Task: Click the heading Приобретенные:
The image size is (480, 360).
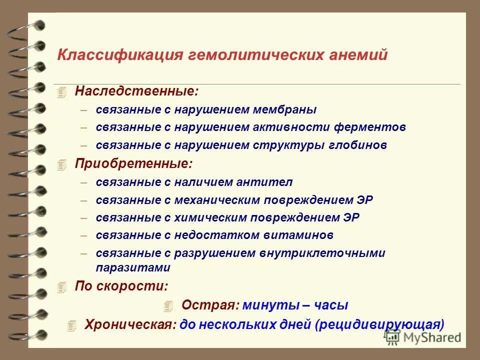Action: click(x=133, y=163)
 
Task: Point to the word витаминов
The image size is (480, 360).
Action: click(x=303, y=235)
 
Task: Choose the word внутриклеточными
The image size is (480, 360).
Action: click(x=322, y=253)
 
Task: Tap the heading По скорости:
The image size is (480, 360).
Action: click(x=121, y=286)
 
